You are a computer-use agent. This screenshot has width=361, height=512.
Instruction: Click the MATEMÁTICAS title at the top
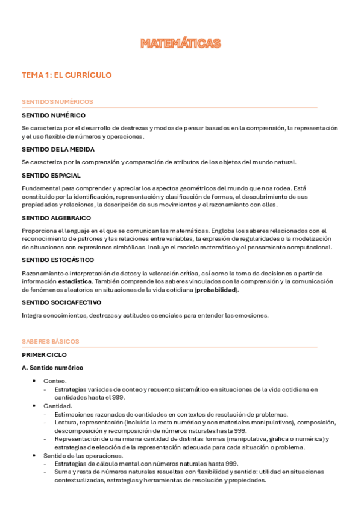[180, 43]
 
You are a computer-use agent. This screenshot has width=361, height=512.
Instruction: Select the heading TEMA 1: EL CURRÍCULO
[66, 75]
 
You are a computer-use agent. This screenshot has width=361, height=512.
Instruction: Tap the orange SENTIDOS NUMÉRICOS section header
[57, 102]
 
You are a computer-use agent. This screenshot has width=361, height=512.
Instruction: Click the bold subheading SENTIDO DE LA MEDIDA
[58, 149]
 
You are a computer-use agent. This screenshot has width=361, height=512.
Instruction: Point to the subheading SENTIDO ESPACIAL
[51, 176]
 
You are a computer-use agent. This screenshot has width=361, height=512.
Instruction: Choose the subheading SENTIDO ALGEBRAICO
[56, 217]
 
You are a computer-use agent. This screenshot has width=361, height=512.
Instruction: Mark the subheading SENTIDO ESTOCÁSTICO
[57, 260]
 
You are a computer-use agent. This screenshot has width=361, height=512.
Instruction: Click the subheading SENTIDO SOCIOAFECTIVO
[61, 302]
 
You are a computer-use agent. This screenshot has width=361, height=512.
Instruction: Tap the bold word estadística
[75, 281]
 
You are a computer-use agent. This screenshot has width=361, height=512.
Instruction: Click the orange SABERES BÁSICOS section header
[50, 341]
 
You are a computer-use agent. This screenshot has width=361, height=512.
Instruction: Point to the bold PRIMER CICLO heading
[44, 355]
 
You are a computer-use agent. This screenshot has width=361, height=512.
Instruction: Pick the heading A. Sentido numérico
[52, 368]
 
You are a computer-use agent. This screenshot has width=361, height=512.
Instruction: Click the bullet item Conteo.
[55, 381]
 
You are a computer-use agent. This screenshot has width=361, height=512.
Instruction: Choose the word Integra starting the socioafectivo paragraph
[31, 315]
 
